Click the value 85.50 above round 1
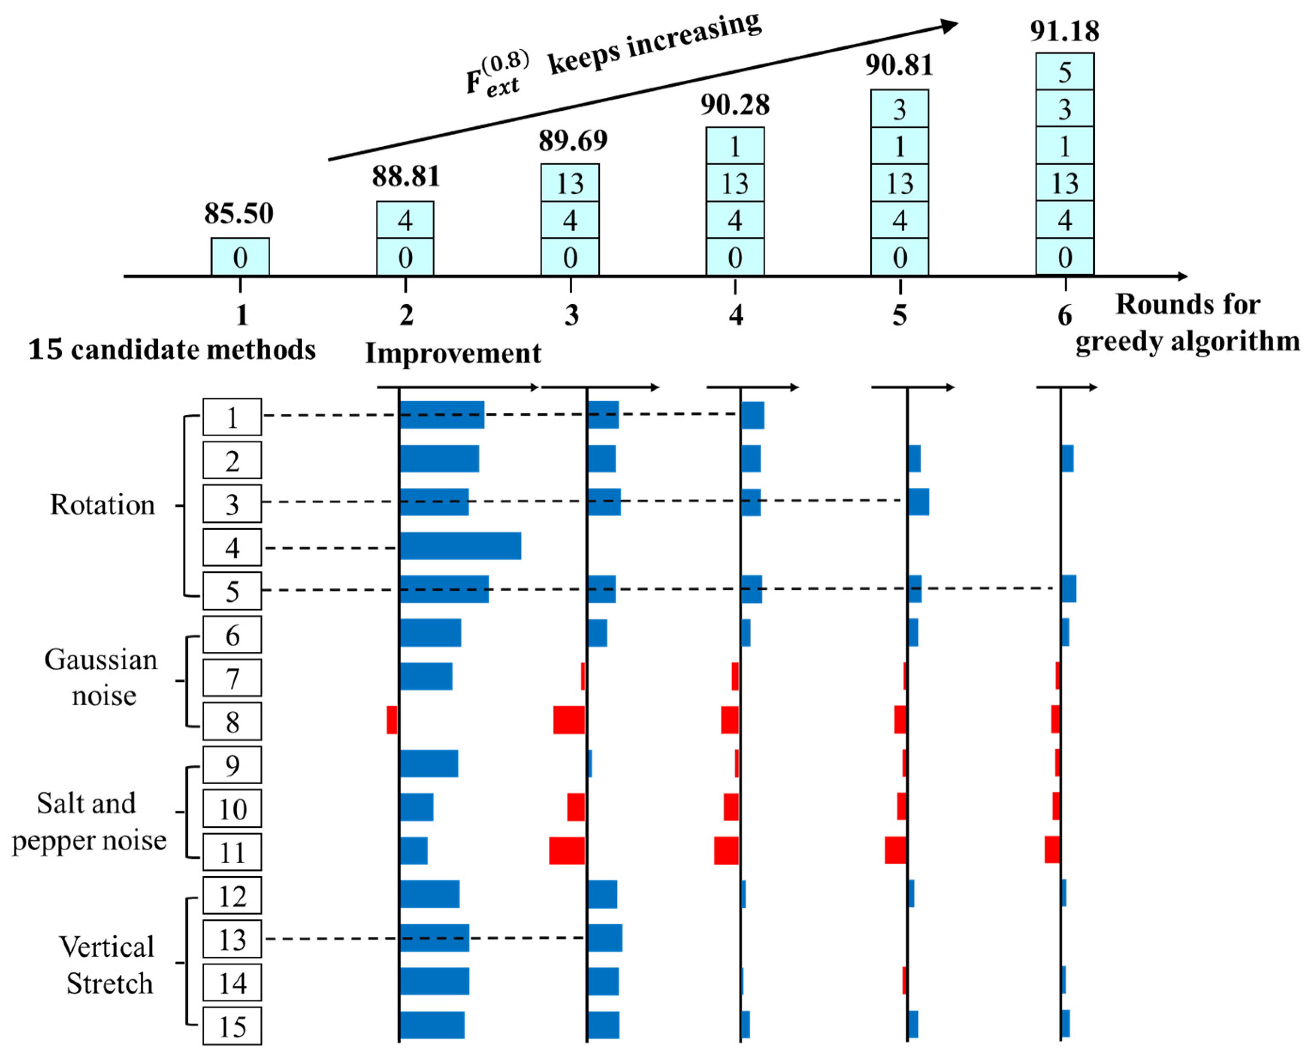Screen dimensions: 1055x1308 coord(239,213)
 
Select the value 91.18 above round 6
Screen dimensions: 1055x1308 coord(1064,31)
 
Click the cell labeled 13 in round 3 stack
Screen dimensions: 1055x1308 coord(570,183)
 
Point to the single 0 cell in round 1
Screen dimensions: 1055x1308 coord(240,257)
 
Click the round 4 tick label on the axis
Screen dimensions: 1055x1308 coord(736,315)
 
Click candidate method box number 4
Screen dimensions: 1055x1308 coord(232,547)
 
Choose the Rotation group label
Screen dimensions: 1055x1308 coord(102,505)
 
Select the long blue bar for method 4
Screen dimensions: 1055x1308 coord(460,546)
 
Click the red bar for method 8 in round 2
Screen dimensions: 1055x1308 coord(392,719)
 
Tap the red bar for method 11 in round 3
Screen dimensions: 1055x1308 coord(567,850)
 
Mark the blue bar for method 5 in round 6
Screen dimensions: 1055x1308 coord(1069,588)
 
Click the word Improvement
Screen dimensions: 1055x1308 coord(453,353)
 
